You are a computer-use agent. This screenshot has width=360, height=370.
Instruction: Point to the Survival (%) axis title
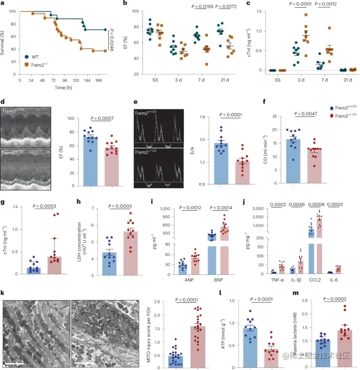tap(5, 41)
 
